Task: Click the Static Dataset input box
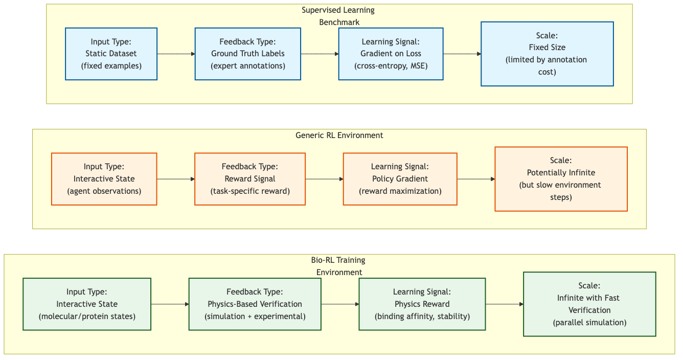pos(111,54)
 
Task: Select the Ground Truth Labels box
pos(247,54)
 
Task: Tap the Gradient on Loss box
pos(391,54)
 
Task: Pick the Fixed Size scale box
pos(547,54)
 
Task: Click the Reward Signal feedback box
pos(249,179)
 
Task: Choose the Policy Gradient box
pos(400,179)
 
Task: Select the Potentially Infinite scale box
pos(561,179)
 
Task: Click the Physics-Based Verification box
pos(255,304)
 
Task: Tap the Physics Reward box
pos(422,304)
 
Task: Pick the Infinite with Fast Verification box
pos(589,304)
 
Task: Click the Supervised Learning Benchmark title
pos(338,16)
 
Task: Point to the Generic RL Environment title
pos(339,136)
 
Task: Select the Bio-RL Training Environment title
pos(338,266)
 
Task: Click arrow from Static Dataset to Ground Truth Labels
pos(176,54)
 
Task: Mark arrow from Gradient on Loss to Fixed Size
pos(462,54)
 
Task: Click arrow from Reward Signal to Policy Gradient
pos(324,179)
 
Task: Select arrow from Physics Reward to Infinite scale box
pos(504,304)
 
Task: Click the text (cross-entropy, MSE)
pos(391,66)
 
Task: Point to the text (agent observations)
pos(104,191)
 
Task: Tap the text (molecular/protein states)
pos(87,317)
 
